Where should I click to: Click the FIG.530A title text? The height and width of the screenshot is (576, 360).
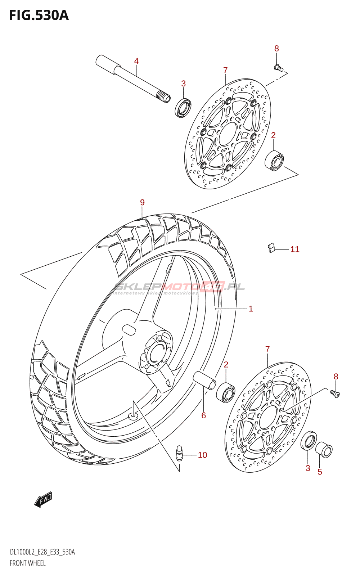(39, 15)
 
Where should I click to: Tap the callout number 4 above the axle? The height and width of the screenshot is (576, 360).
(136, 61)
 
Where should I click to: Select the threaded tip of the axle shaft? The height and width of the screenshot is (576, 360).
(164, 97)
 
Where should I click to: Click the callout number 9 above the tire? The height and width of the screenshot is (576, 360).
(142, 203)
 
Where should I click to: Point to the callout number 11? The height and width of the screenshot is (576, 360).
(295, 249)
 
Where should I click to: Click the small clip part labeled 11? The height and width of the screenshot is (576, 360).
(271, 248)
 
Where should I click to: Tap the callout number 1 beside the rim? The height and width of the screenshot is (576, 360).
(251, 309)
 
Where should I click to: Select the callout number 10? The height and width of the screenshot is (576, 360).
(202, 455)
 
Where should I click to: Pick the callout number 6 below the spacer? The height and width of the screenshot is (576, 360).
(203, 415)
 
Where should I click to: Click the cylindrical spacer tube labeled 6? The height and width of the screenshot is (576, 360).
(204, 380)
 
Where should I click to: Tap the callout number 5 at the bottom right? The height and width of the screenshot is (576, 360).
(320, 472)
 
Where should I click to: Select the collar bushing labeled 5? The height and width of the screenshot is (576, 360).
(324, 450)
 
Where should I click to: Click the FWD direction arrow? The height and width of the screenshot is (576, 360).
(43, 500)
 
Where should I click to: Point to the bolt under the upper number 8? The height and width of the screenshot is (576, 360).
(279, 67)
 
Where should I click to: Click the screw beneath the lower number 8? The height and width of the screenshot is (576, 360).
(335, 394)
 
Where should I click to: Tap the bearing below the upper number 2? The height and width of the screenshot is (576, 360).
(275, 161)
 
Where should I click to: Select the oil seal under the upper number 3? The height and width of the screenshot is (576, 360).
(183, 107)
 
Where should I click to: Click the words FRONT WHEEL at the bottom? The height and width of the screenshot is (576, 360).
(28, 563)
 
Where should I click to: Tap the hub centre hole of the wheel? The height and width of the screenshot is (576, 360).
(157, 354)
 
